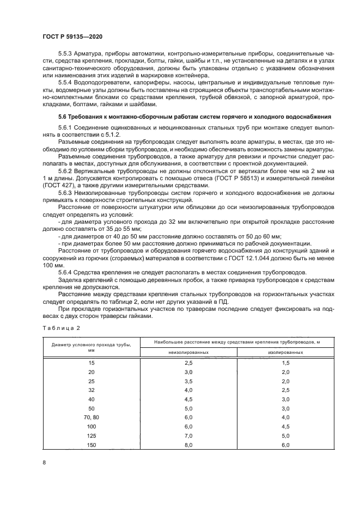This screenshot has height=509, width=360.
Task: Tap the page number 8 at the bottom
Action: [x=44, y=463]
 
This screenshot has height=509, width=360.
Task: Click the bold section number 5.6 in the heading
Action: [x=62, y=116]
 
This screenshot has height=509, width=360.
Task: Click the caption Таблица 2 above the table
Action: [x=61, y=328]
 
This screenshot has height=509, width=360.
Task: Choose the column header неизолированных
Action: [x=188, y=352]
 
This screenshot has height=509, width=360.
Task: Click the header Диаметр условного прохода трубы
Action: [x=91, y=345]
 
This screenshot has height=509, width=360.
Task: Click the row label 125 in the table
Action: [x=91, y=436]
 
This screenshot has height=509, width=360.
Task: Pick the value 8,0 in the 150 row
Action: [x=188, y=445]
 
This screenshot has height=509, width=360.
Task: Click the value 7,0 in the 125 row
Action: [x=188, y=436]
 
